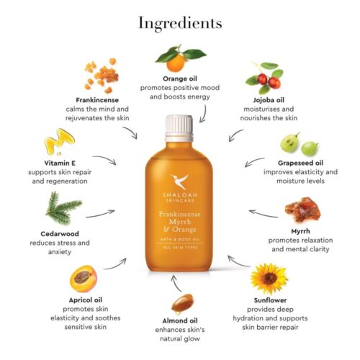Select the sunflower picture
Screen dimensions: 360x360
pos(269,279)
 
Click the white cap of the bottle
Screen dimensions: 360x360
pos(179,128)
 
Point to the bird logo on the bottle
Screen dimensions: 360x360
pos(179,181)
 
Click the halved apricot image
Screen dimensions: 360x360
pos(84,279)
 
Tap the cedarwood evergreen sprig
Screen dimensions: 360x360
pos(63,208)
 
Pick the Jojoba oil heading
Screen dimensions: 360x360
pos(269,100)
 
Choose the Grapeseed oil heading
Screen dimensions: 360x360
pos(300,163)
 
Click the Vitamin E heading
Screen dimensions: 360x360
pos(60,163)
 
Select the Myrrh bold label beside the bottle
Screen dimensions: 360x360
pos(300,231)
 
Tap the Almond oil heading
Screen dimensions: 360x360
pos(180,321)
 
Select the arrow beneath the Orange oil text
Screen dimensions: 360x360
pos(204,114)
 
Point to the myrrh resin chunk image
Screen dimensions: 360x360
pos(303,209)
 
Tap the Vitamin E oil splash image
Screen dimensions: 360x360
pos(60,142)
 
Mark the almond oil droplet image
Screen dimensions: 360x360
pos(182,304)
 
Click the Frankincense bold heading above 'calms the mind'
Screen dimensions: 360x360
pos(97,100)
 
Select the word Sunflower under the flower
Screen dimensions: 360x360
pos(270,300)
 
